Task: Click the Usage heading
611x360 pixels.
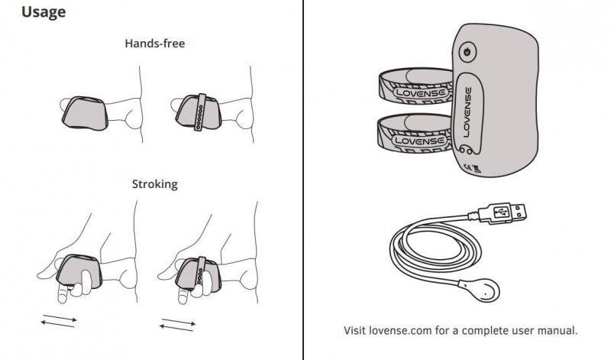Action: [44, 12]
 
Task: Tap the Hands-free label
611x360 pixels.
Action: [155, 44]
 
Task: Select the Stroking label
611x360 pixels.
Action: [155, 184]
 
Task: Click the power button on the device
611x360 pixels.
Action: [467, 52]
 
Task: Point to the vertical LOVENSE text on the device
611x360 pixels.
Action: [467, 112]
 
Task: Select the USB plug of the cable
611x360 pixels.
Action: [502, 213]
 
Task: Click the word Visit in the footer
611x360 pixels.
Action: [354, 331]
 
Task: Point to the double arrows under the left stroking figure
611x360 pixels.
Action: [59, 321]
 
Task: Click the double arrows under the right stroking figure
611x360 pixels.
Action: [178, 325]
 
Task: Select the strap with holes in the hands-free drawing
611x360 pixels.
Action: [200, 112]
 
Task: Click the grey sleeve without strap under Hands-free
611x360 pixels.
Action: [84, 113]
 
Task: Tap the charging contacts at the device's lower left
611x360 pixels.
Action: [465, 149]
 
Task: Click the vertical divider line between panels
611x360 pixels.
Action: [302, 180]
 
